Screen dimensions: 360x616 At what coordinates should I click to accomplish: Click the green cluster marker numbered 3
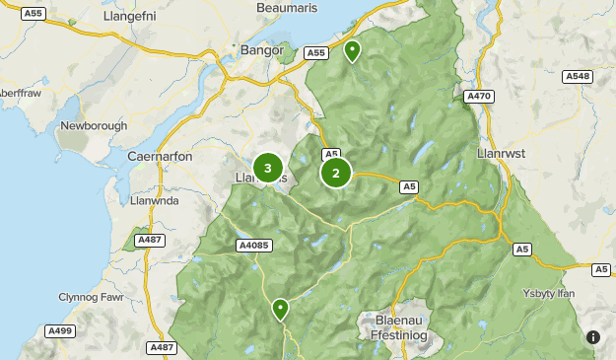point(268,169)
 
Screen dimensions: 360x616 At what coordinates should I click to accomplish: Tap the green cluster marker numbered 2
point(336,173)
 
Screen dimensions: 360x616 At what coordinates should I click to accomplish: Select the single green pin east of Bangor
point(352,51)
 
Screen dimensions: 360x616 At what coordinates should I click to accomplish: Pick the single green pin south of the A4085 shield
point(281,310)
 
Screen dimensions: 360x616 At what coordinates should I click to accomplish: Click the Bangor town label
point(261,49)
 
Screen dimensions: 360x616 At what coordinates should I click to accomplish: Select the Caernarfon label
point(160,156)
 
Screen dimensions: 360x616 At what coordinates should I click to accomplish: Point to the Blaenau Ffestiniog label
point(405,326)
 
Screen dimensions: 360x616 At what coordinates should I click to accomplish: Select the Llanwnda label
point(156,200)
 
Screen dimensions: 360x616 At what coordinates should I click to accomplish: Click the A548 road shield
point(577,76)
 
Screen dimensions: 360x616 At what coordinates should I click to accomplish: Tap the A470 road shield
point(478,96)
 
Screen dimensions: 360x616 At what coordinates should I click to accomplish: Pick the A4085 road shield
point(252,246)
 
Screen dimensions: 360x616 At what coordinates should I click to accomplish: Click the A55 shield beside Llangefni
point(33,13)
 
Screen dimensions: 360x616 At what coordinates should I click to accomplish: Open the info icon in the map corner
point(593,337)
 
